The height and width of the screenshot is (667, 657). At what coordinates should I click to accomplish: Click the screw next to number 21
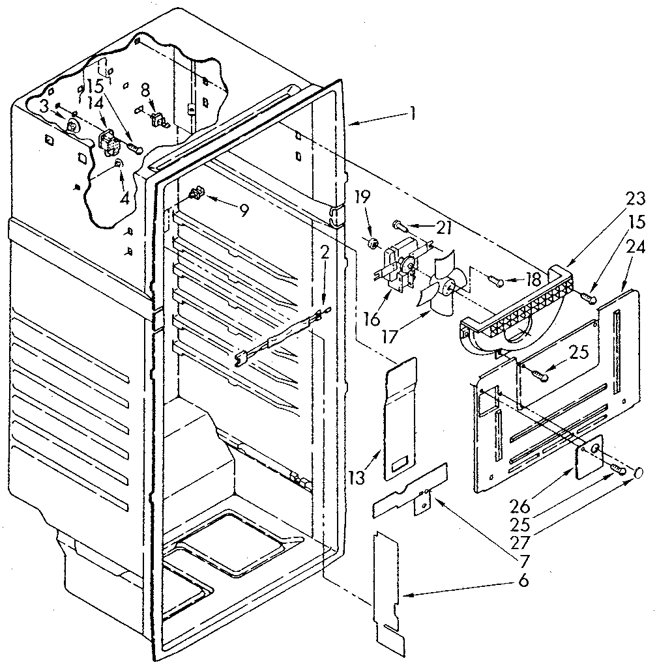[x=398, y=225]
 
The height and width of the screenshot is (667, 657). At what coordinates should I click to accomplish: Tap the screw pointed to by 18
[x=497, y=281]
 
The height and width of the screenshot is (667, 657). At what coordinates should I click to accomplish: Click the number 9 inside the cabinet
[x=243, y=211]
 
